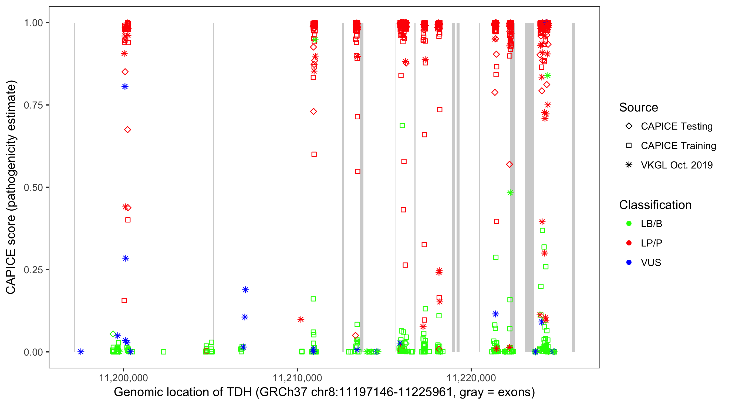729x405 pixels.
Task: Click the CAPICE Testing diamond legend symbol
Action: point(629,126)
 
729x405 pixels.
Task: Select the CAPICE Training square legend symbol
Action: point(629,146)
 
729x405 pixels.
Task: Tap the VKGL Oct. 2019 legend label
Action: point(677,165)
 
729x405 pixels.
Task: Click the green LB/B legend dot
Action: point(629,224)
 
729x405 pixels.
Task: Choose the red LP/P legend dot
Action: point(629,243)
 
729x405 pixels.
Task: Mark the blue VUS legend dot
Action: point(629,262)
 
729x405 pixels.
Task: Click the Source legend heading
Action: point(639,107)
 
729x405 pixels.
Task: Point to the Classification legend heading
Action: point(655,205)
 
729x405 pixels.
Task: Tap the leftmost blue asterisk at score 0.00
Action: point(81,352)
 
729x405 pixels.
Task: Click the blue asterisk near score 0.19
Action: point(245,290)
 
